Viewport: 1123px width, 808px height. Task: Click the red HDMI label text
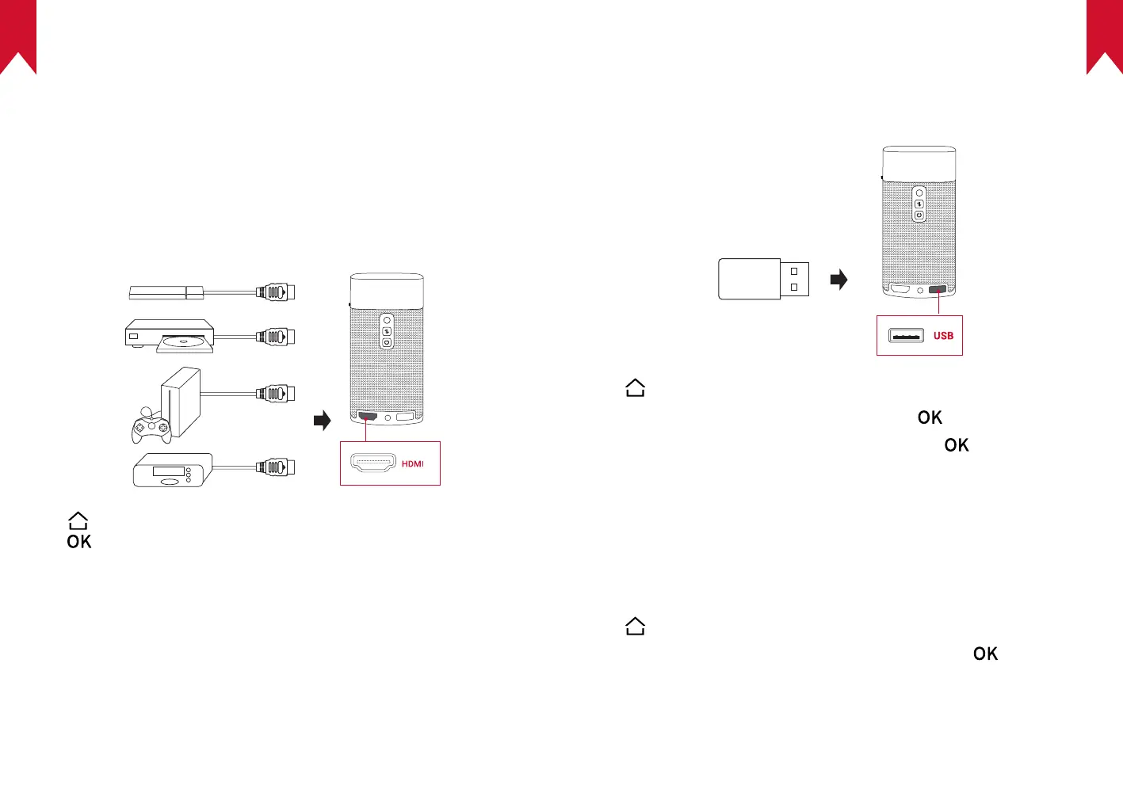412,464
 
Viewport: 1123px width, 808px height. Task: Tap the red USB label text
943,336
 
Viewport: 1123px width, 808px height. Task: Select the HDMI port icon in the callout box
372,463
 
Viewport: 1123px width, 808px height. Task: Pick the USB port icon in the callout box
906,336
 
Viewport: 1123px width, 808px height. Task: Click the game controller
151,426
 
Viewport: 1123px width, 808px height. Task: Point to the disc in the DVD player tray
185,343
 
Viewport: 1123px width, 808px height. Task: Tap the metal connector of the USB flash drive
795,279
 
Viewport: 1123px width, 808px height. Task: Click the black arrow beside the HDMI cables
322,420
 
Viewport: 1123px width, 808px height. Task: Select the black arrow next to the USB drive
838,280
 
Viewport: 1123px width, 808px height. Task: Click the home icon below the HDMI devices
78,520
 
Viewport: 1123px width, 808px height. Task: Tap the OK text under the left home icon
79,542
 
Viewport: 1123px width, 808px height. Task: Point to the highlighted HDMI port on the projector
368,416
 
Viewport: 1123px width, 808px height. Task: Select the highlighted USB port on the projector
938,290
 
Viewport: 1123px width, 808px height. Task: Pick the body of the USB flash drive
749,279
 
